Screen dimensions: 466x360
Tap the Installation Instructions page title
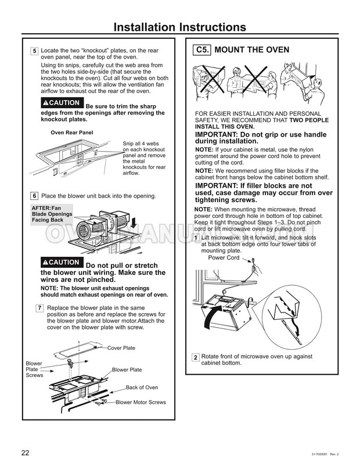180,27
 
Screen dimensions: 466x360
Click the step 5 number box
35,51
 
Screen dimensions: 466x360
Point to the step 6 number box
35,196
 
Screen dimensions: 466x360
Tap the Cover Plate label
121,347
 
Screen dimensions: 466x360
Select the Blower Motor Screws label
141,402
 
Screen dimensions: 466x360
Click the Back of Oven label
142,387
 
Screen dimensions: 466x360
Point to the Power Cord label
224,258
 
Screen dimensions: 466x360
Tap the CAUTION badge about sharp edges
62,103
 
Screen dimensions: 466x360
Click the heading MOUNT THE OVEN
251,51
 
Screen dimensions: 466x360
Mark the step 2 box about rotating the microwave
196,356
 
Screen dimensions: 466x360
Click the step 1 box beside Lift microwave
196,238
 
